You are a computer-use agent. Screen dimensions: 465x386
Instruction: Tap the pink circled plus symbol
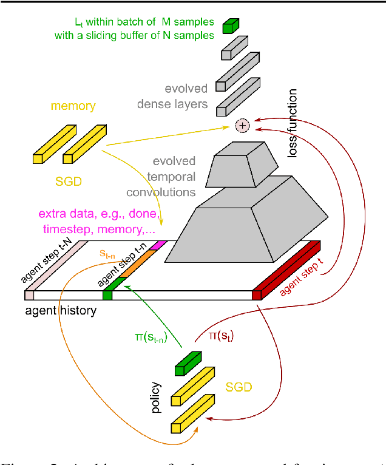(242, 126)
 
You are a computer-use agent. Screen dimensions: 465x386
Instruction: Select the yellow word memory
(73, 106)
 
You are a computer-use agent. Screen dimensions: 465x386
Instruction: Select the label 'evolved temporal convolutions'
(161, 177)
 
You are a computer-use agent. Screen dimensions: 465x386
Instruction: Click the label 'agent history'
(61, 311)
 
